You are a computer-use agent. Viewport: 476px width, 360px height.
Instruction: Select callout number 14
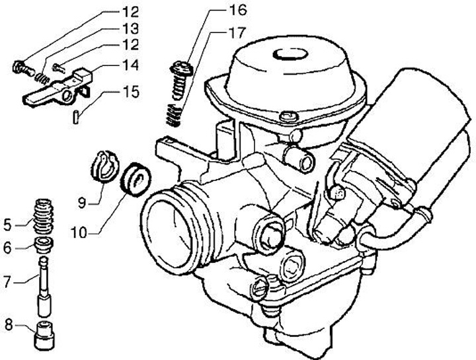coord(130,65)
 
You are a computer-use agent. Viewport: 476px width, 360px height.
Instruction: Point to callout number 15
coord(130,91)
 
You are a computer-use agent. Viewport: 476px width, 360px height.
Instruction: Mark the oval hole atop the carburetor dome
coord(289,55)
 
